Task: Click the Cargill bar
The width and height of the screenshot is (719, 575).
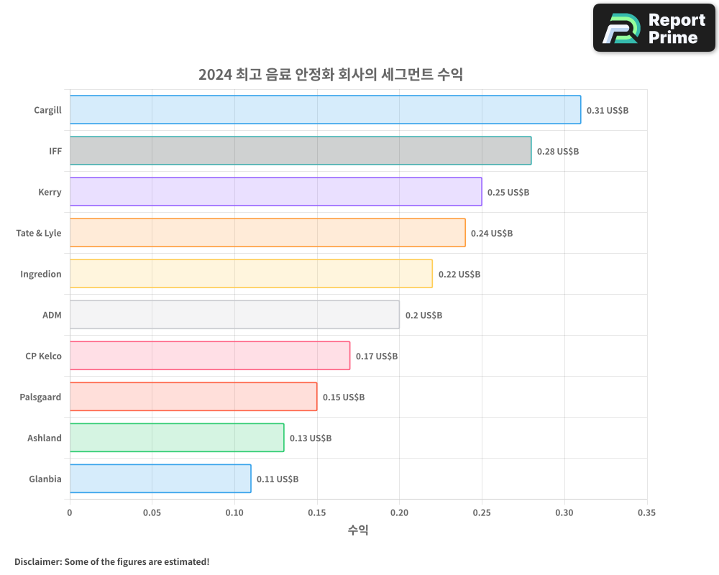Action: click(325, 110)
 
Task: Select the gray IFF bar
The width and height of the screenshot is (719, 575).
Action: click(301, 151)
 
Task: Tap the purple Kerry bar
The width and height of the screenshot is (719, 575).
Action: click(275, 192)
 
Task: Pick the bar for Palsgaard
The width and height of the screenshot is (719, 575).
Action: click(193, 397)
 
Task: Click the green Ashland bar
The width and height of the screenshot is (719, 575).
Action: click(177, 438)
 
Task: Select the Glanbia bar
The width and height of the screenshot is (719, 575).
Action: click(160, 479)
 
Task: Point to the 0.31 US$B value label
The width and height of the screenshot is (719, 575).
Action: click(608, 111)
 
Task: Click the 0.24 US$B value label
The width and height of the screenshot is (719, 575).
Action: click(492, 234)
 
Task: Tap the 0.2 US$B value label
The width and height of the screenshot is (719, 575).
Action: click(423, 316)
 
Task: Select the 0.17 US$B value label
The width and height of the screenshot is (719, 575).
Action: click(377, 356)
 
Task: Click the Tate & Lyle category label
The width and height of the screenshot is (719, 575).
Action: click(39, 233)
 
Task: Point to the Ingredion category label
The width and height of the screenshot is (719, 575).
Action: click(41, 274)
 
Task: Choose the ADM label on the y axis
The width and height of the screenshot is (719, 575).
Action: click(52, 315)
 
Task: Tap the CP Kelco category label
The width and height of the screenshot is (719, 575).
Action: click(43, 356)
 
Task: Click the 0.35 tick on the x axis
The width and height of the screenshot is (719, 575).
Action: click(646, 513)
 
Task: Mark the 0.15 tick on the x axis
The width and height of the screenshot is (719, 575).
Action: click(317, 513)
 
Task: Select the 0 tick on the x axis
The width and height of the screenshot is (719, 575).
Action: click(70, 513)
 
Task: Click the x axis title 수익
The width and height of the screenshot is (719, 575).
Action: click(358, 530)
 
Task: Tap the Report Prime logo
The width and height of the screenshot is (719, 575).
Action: click(654, 28)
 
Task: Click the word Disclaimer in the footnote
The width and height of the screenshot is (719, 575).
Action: click(37, 561)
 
